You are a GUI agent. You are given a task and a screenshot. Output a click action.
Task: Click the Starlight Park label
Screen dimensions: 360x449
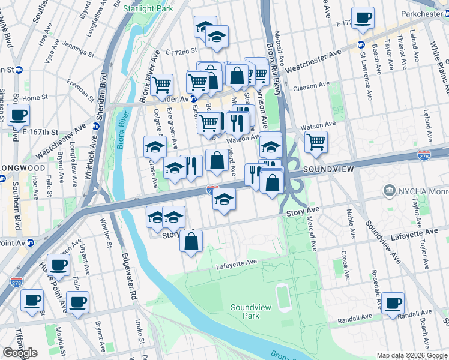pyautogui.click(x=148, y=8)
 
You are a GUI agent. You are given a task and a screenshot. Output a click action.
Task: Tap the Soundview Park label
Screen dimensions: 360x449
pyautogui.click(x=247, y=311)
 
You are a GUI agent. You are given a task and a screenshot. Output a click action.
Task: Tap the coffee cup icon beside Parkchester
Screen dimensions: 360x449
pyautogui.click(x=362, y=19)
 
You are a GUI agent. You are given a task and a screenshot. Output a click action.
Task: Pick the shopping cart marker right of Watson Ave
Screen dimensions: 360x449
pyautogui.click(x=316, y=142)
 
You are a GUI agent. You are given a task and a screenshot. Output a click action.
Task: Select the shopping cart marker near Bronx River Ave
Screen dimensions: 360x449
pyautogui.click(x=161, y=85)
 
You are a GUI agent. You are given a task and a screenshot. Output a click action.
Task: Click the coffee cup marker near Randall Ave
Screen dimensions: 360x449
pyautogui.click(x=392, y=303)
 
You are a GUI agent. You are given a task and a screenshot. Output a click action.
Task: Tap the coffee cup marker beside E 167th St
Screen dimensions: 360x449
pyautogui.click(x=18, y=114)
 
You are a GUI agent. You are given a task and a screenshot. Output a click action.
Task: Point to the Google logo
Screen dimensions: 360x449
pyautogui.click(x=20, y=353)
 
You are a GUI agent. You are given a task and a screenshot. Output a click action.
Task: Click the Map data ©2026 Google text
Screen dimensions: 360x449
pyautogui.click(x=412, y=355)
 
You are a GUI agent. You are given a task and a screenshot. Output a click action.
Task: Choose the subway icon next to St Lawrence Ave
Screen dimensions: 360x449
pyautogui.click(x=361, y=44)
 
